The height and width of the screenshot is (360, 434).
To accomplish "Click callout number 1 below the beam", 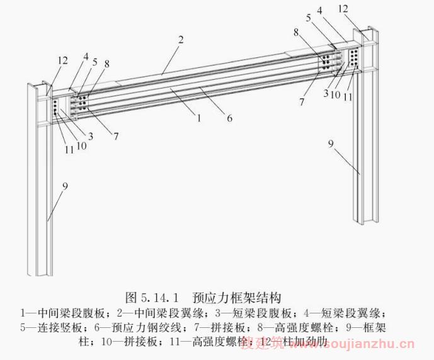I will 198,118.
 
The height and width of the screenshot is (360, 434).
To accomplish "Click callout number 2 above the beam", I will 180,40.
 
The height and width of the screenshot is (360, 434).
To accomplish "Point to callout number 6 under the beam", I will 230,118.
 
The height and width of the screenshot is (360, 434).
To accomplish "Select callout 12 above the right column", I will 360,9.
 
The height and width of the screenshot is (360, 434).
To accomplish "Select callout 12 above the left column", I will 63,60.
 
